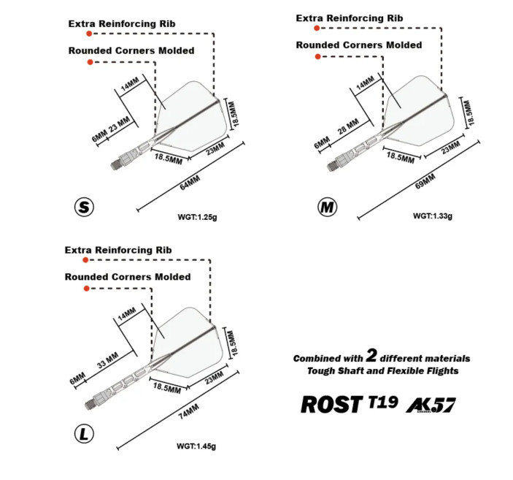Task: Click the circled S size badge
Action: tap(85, 207)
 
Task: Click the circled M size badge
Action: tap(328, 207)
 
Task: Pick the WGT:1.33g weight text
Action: tap(433, 216)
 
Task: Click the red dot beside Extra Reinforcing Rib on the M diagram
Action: tap(317, 28)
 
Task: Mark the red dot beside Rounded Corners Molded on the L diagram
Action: tap(86, 289)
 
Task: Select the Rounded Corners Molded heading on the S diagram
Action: tap(131, 51)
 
